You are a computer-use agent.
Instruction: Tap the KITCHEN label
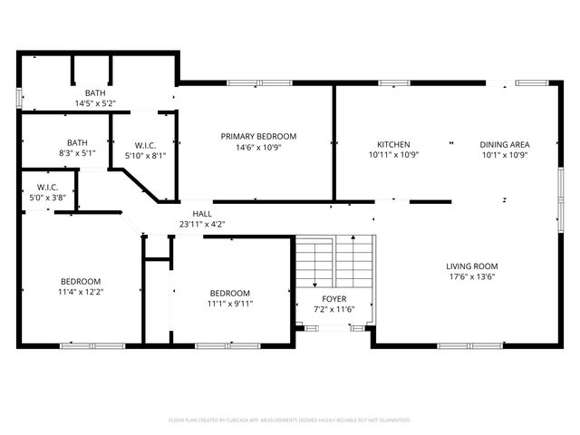393,144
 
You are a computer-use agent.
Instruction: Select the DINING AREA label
504,144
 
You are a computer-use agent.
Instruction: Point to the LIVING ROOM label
471,266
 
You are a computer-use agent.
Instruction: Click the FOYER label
333,298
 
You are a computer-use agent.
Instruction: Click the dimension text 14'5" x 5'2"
94,103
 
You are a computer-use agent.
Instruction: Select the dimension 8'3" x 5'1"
77,153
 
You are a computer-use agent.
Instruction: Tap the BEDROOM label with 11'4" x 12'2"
81,281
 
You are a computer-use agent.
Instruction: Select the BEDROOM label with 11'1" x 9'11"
229,293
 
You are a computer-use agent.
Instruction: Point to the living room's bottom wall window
470,345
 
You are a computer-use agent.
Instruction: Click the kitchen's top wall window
393,83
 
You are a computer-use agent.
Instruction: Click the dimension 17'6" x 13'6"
471,278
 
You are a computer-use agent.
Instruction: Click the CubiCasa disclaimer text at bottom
290,420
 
